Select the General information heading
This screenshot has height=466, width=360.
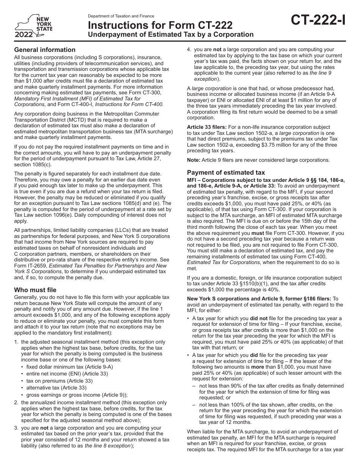(x=45, y=50)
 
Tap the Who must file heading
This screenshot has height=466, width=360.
(x=35, y=290)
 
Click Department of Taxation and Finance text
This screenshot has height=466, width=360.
(x=121, y=16)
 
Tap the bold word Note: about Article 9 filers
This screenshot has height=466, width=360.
(x=194, y=160)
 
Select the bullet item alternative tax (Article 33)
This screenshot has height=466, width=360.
(x=56, y=387)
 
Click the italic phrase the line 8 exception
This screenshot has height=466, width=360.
(x=107, y=446)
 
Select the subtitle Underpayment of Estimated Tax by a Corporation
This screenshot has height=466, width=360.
(x=171, y=34)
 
